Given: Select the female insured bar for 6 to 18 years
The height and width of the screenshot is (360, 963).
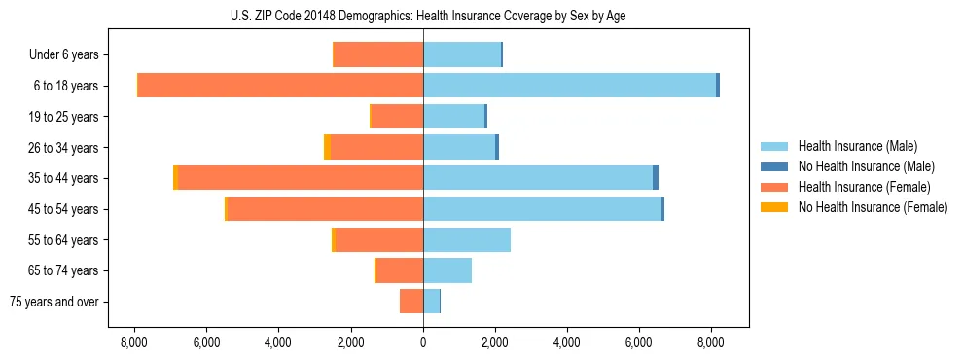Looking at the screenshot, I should (x=280, y=86).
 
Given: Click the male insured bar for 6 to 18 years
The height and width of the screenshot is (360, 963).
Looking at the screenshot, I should (x=569, y=86).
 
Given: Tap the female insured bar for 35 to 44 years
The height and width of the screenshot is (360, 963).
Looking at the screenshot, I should (x=301, y=178).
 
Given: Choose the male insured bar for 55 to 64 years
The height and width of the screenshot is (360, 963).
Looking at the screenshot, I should (x=467, y=240).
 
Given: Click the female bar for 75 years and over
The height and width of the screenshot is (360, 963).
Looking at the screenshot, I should (x=411, y=302).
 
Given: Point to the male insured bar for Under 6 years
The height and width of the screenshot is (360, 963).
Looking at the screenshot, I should (x=462, y=54).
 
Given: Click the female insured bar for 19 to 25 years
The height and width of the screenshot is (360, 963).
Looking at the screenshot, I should (x=397, y=117).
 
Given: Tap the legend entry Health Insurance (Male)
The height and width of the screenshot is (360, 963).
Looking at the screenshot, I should (x=856, y=146).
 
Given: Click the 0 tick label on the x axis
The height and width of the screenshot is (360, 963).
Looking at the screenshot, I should (x=423, y=342).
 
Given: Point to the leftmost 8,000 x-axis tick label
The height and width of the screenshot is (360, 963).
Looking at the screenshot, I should (x=134, y=342).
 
